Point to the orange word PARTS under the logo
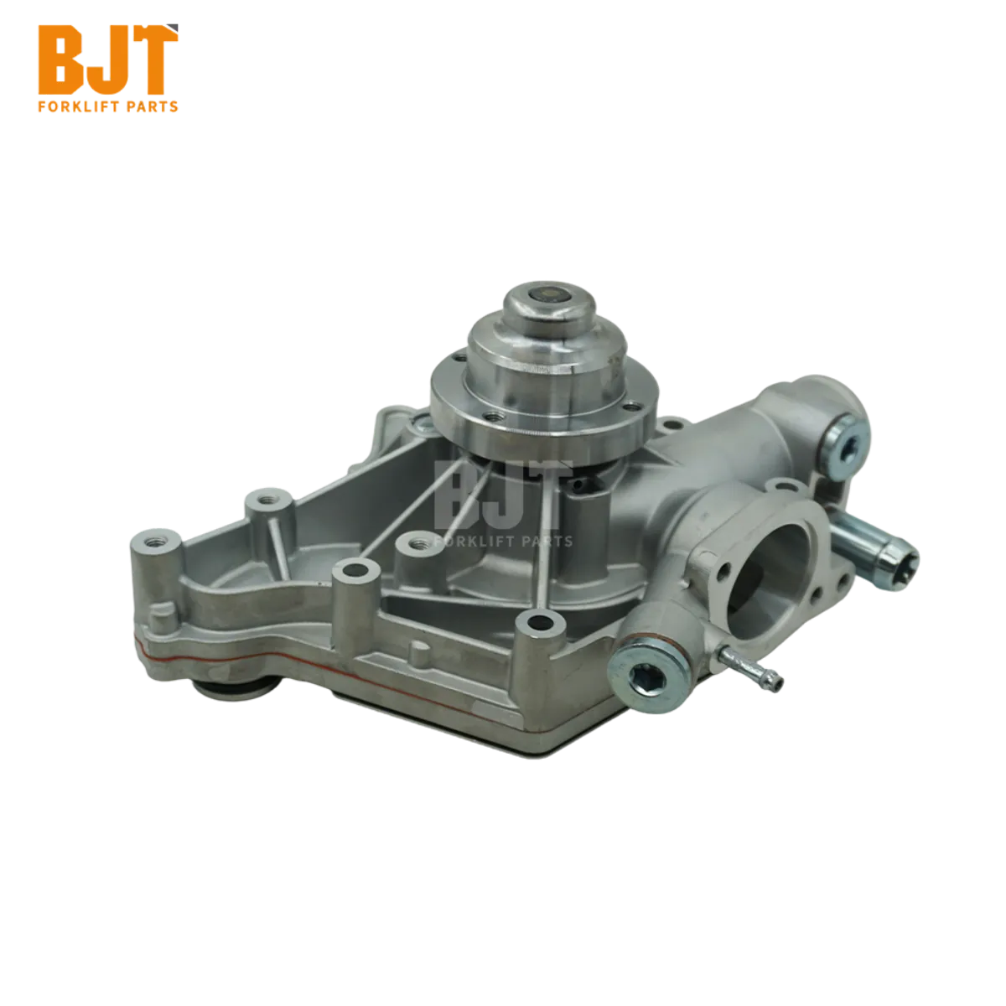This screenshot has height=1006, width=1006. [151, 107]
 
